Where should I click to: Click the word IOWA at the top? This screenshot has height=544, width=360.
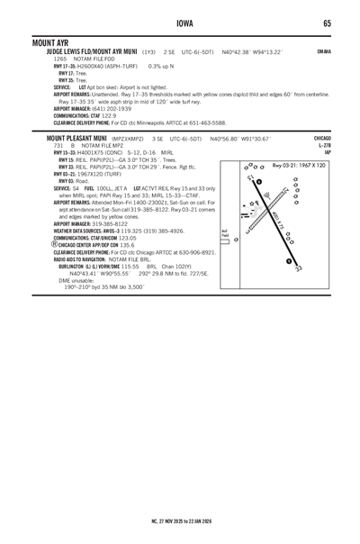click(x=180, y=23)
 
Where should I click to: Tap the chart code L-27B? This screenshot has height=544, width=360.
click(x=324, y=146)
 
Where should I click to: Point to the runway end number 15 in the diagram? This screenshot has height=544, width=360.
click(x=249, y=177)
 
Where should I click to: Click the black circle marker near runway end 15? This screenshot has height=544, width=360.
click(x=258, y=183)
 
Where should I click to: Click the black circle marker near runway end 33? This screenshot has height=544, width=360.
click(x=288, y=261)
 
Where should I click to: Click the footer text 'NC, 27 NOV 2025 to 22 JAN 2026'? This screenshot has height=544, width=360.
click(x=180, y=519)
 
